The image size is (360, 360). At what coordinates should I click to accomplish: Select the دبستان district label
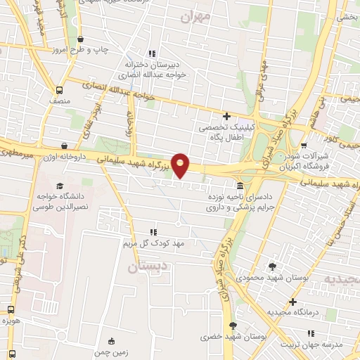pyautogui.click(x=146, y=268)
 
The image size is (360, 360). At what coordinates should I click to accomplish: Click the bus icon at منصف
pyautogui.click(x=59, y=91)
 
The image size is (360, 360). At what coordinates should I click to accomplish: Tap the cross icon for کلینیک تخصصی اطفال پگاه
pyautogui.click(x=226, y=115)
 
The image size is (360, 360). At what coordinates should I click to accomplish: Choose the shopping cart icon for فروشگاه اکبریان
pyautogui.click(x=304, y=145)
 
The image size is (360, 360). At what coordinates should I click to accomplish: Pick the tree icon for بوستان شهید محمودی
pyautogui.click(x=272, y=266)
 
